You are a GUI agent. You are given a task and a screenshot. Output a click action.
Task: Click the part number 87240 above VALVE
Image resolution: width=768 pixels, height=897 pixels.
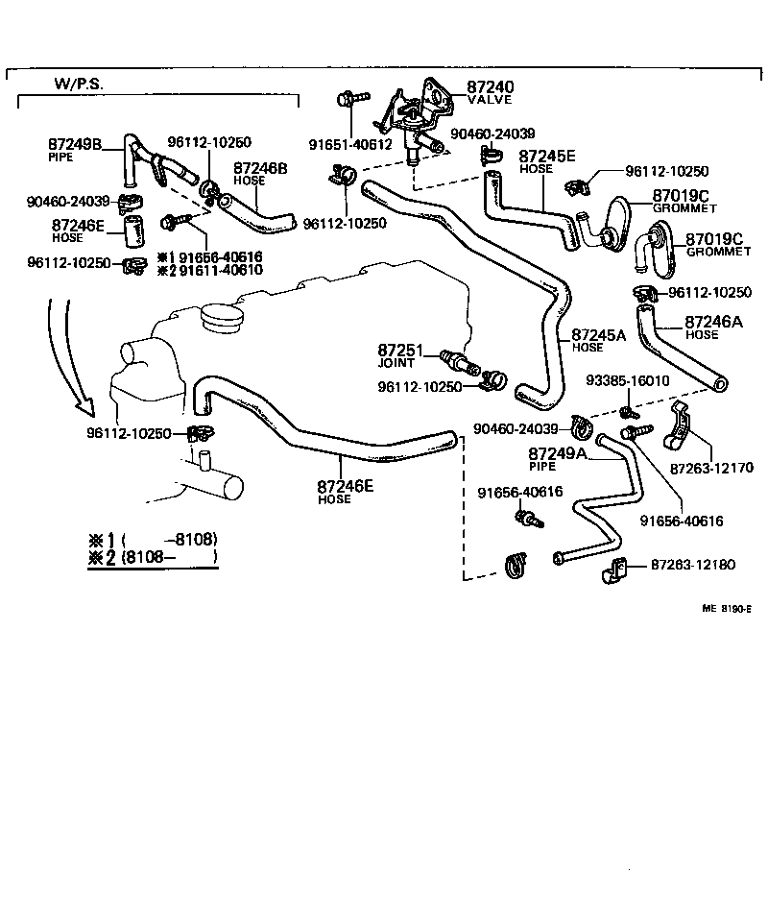point(490,86)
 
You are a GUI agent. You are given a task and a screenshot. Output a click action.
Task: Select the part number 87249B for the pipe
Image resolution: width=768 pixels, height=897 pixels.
point(75,143)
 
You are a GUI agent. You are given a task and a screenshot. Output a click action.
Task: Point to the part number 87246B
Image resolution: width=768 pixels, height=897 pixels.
point(260,167)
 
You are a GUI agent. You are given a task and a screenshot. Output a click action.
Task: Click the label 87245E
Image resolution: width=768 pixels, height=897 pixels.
point(547,156)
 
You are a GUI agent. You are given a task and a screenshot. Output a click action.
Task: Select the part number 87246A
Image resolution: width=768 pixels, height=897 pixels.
point(714,324)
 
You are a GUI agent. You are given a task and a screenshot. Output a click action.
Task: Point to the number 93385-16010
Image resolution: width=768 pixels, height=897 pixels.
point(630,381)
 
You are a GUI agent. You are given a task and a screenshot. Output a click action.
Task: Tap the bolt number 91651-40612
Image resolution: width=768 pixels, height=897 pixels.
point(350,145)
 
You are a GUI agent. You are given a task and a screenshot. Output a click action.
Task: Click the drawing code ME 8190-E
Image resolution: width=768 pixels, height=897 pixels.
point(729,608)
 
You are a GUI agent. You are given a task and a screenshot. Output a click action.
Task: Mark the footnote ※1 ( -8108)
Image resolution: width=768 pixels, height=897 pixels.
point(154,539)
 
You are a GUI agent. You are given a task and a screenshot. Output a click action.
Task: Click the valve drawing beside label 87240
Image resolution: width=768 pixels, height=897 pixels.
point(415,119)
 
